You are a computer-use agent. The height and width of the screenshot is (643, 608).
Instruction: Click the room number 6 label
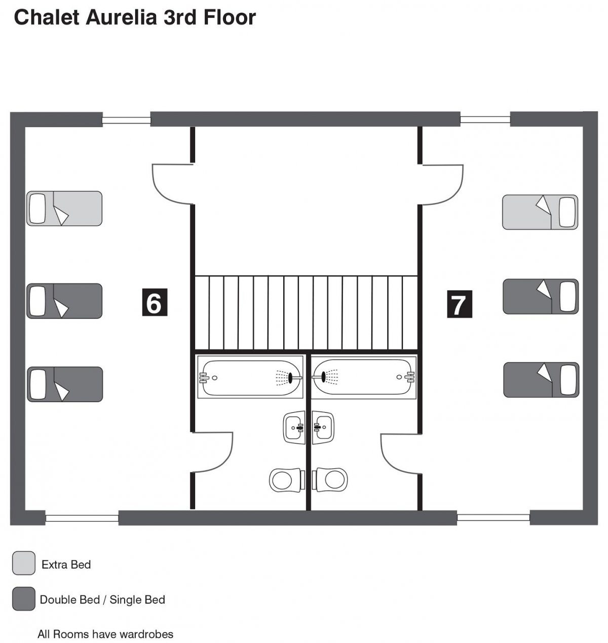point(155,302)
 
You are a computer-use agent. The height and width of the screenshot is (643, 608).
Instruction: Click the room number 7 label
point(459,304)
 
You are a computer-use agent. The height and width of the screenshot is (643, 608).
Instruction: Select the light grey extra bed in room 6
point(64,208)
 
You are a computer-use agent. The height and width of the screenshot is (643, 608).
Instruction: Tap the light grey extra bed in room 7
point(540,212)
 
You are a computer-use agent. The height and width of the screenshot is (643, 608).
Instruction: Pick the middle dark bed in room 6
point(64,301)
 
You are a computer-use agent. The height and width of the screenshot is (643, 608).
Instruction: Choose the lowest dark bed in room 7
point(541,380)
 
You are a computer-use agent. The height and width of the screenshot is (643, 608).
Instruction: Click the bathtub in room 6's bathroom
point(250,377)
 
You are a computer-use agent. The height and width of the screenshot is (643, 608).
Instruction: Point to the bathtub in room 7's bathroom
point(364,377)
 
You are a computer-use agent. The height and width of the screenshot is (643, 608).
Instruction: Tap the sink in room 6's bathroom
point(294,427)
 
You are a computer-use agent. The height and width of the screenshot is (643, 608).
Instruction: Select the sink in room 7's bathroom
point(323,427)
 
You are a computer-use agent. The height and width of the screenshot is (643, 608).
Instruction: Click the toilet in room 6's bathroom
point(287,479)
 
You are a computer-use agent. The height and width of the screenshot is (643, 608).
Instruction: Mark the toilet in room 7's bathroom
point(330,479)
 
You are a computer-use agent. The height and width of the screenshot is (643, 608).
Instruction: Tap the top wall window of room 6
point(126,120)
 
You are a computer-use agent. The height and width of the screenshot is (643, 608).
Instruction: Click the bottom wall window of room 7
point(493,517)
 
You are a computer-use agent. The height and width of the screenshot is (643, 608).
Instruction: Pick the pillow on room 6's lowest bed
point(37,384)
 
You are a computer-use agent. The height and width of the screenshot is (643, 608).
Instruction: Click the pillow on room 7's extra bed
point(567,212)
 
